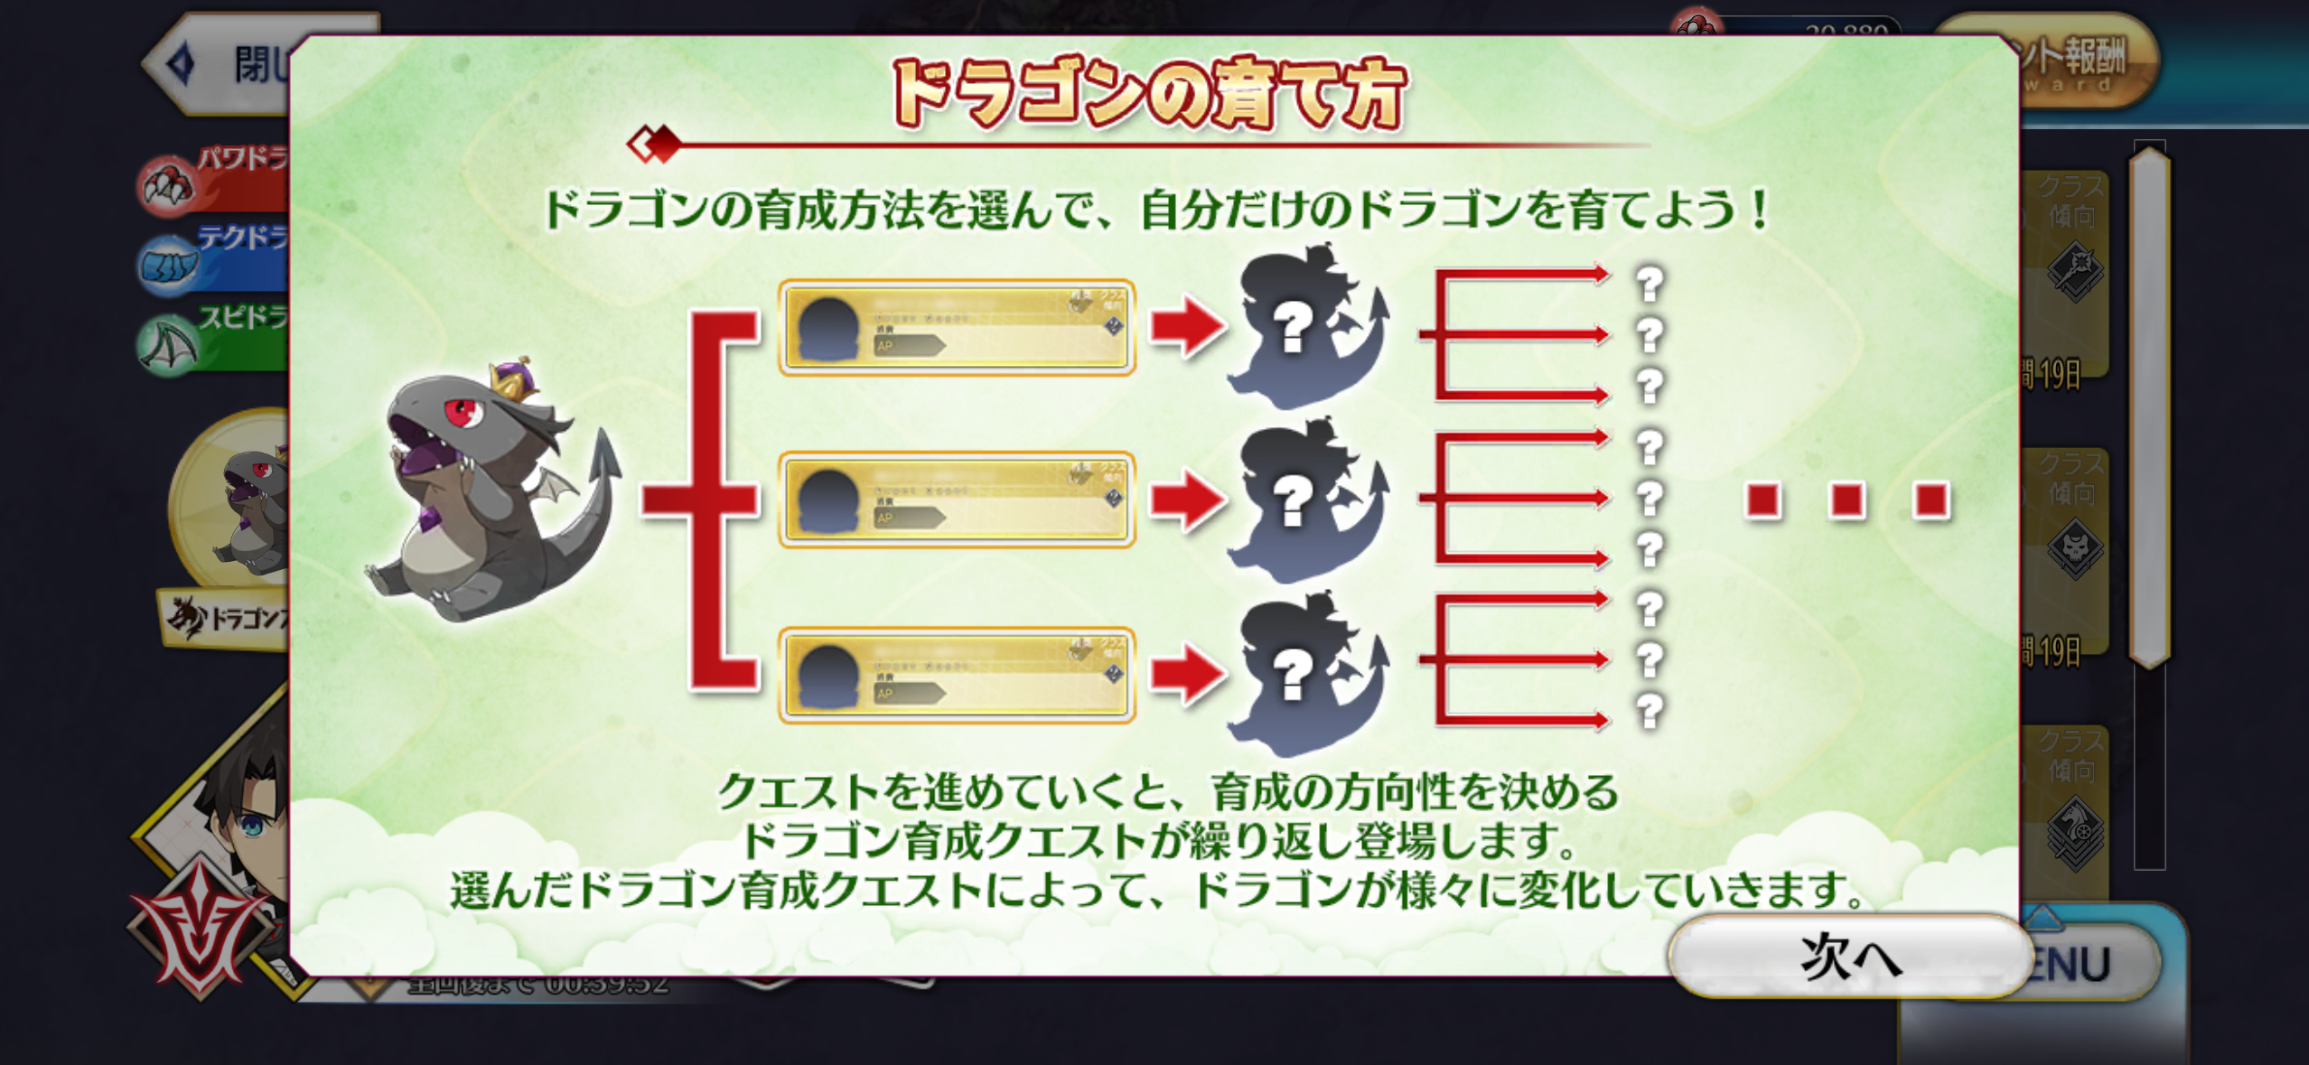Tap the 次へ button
tap(1848, 956)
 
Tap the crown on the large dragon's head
tap(513, 380)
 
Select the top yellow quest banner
tap(957, 327)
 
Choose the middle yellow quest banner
tap(957, 500)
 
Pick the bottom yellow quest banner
tap(957, 674)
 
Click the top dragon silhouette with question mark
tap(1306, 325)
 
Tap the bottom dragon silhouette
tap(1306, 673)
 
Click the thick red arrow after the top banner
tap(1187, 325)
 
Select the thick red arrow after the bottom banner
tap(1187, 673)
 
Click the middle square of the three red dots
tap(1847, 500)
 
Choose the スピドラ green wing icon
tap(168, 345)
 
